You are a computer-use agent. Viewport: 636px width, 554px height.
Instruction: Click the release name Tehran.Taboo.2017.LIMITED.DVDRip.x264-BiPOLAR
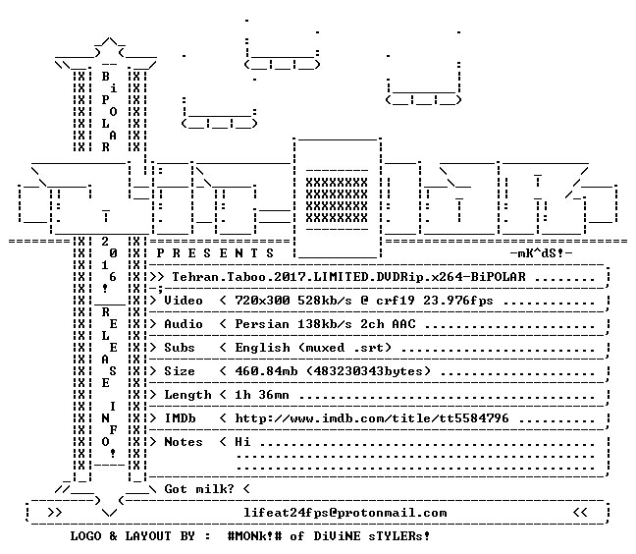(348, 277)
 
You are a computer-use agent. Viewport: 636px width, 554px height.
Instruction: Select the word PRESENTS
(215, 253)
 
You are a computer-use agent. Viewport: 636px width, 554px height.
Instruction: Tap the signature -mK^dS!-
(541, 253)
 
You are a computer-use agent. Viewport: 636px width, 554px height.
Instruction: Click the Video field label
(184, 301)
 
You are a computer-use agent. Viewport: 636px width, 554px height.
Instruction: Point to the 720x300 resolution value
(262, 301)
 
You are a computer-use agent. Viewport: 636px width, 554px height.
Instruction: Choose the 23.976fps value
(458, 301)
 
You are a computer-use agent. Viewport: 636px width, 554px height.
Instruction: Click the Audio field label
(184, 324)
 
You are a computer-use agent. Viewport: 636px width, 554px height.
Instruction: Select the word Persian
(262, 324)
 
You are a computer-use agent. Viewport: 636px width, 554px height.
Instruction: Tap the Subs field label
(180, 348)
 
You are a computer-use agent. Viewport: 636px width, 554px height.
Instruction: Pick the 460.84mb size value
(266, 371)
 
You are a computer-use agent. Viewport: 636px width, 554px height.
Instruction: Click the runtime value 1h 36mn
(262, 395)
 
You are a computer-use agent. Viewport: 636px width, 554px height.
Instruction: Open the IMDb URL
(372, 418)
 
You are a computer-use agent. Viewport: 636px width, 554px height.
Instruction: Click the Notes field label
(184, 442)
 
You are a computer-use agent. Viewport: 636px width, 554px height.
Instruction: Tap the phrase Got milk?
(199, 489)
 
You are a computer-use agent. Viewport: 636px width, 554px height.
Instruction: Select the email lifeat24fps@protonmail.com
(345, 513)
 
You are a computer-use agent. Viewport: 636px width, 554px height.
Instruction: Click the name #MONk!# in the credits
(255, 536)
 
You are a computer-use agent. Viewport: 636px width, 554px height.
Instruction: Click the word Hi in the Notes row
(242, 442)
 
